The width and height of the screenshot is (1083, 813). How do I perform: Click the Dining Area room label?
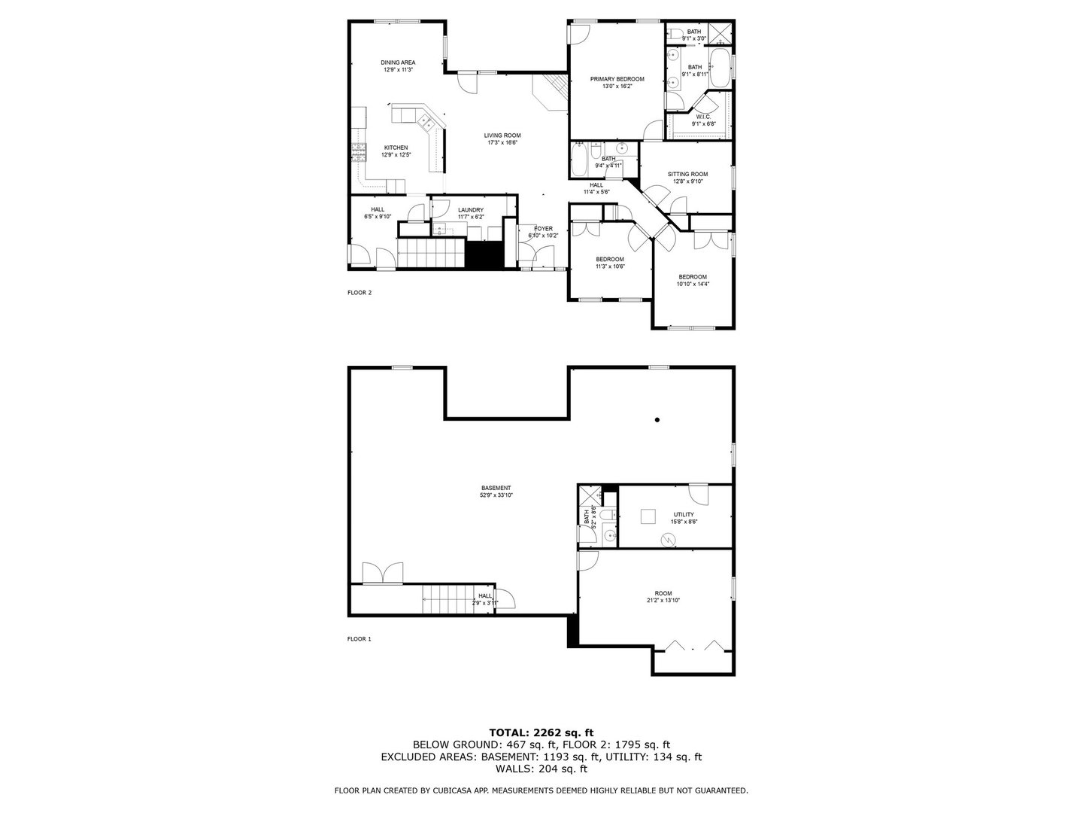398,62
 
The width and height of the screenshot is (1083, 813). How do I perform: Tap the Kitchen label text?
396,148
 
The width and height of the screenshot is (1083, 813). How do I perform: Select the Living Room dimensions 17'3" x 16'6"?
502,142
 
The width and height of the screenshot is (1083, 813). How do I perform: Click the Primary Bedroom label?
617,79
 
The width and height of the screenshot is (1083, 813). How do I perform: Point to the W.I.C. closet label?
703,117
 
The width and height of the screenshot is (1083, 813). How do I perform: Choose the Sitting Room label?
688,174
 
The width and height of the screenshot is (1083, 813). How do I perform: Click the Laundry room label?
471,210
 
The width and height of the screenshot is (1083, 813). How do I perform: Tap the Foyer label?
543,228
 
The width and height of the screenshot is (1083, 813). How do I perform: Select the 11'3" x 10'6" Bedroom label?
610,259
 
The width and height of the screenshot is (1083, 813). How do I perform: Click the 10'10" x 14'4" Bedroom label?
693,277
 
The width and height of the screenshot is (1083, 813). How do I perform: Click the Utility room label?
684,515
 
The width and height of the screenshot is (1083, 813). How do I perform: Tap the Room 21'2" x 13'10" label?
663,593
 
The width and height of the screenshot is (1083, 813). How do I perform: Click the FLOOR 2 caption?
359,293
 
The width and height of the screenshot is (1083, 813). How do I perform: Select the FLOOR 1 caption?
359,639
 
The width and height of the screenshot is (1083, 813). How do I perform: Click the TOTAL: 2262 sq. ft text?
541,732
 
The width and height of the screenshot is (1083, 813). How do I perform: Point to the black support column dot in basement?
657,420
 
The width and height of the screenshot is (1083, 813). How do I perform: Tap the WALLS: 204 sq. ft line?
541,769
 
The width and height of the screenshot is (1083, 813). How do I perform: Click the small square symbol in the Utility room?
648,516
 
